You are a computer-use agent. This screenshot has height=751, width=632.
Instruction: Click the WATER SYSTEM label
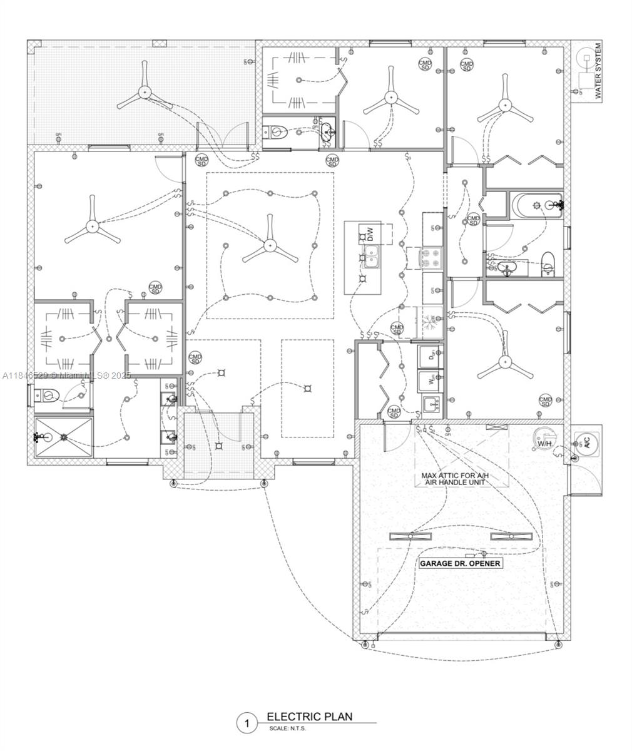pos(598,71)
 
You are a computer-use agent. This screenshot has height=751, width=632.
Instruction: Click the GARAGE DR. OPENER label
pos(460,563)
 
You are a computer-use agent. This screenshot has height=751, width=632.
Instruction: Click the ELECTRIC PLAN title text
pos(309,717)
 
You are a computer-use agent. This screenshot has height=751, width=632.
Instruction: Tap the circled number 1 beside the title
pos(247,723)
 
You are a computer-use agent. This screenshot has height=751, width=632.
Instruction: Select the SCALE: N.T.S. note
pos(288,729)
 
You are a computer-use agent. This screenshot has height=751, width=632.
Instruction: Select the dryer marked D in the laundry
pos(431,357)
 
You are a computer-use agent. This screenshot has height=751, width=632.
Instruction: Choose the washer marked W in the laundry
pos(431,380)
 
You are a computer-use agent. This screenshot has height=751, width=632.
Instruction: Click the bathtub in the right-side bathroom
pos(537,205)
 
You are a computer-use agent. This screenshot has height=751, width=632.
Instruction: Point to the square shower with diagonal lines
pos(63,438)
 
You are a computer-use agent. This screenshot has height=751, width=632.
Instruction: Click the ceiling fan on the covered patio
pos(145,92)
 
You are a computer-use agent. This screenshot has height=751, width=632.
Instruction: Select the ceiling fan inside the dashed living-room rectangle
pos(270,245)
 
